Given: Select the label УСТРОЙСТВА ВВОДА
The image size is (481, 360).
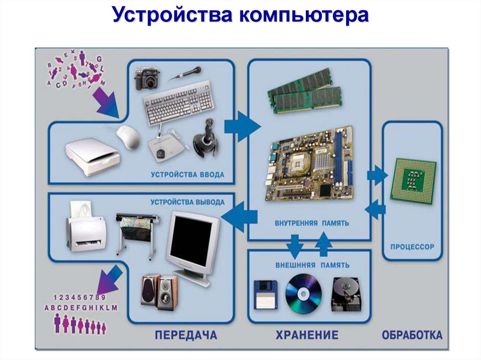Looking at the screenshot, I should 187,175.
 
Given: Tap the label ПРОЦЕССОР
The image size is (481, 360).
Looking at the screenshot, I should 412,246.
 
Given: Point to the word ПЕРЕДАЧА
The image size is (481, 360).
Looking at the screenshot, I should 186,335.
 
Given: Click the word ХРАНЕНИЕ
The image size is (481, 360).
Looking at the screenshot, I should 307,335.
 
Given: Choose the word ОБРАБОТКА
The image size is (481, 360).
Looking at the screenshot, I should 412,335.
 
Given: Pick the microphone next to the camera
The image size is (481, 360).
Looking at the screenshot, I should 186,74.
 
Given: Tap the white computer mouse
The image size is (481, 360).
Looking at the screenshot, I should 128,137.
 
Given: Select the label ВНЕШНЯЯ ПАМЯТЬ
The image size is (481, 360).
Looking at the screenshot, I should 312,265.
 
